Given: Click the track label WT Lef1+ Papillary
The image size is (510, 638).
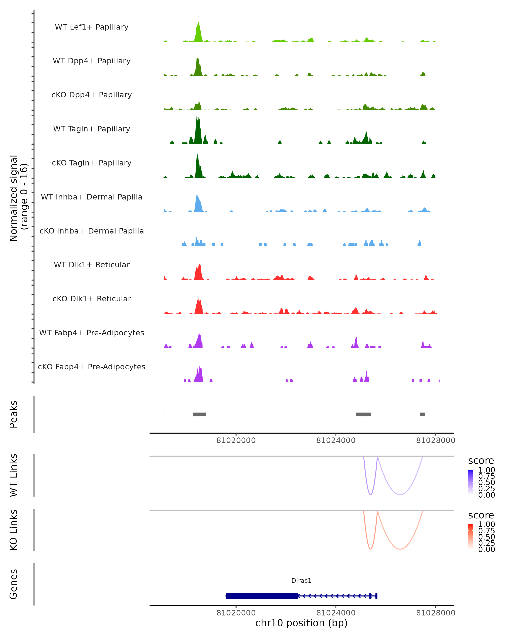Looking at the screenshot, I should (x=92, y=27).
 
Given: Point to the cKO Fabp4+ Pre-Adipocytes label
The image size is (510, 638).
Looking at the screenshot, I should (x=92, y=367).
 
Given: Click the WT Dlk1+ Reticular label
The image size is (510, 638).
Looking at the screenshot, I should (x=92, y=265).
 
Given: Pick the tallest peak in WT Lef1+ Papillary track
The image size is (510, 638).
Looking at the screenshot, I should (x=198, y=23).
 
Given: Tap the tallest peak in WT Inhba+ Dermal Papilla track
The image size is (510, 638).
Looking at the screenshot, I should (x=197, y=195).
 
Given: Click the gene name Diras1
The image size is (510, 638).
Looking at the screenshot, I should (x=301, y=580).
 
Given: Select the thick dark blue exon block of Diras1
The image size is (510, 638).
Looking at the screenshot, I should (x=261, y=596).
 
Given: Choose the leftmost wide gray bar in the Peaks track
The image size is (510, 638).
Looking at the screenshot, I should (x=199, y=414).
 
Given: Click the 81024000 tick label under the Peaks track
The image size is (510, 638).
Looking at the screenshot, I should (x=336, y=440).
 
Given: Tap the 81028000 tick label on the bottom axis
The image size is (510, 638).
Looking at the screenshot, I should (x=435, y=613).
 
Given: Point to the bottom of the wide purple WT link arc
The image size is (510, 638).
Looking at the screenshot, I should (x=400, y=494).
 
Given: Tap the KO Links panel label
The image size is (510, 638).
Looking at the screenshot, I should (x=14, y=530).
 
